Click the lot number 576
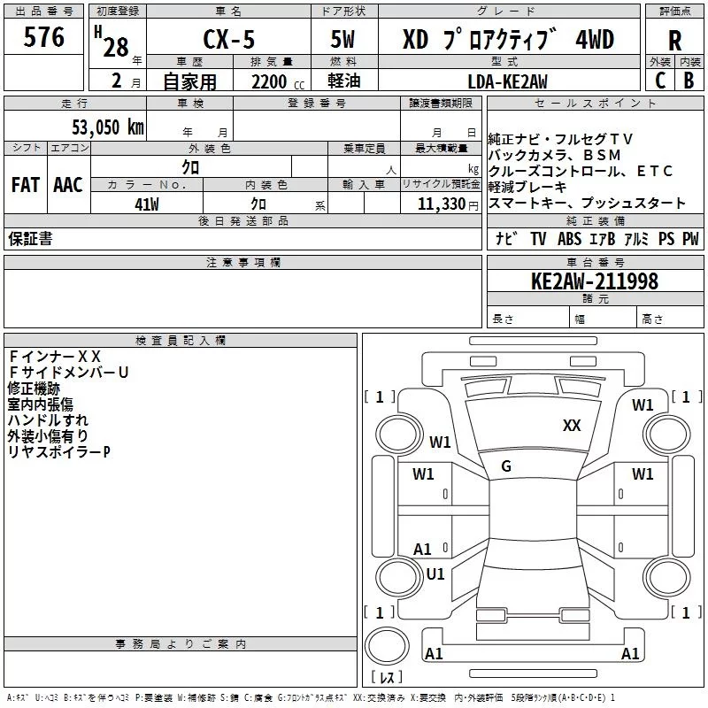click(x=44, y=37)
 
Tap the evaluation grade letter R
click(x=674, y=40)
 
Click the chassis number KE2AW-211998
click(x=594, y=281)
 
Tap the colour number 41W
click(x=146, y=204)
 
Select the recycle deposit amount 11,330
click(x=440, y=204)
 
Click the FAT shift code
click(x=25, y=185)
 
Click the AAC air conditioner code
click(x=67, y=185)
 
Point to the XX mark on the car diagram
click(x=572, y=426)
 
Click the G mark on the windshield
click(x=506, y=466)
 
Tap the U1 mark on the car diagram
click(x=435, y=573)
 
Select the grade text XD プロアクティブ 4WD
click(x=508, y=40)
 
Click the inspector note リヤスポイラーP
click(x=58, y=452)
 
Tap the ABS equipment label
click(x=570, y=239)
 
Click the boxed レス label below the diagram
click(x=386, y=677)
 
